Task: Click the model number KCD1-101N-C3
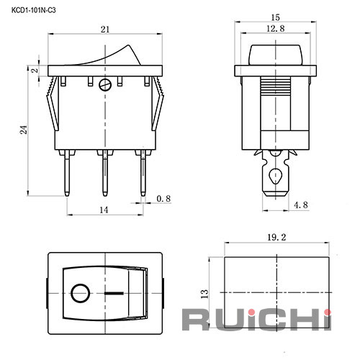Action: tap(34, 11)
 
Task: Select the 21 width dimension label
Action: tap(105, 30)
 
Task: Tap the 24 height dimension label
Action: tap(24, 130)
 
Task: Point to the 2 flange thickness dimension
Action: tap(35, 71)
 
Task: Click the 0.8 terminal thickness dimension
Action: tap(163, 199)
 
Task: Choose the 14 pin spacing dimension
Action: tap(104, 210)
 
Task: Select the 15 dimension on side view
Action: tap(275, 17)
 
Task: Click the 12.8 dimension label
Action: tap(276, 29)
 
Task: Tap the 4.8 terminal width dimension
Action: tap(300, 205)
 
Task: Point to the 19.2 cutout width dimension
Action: tap(276, 238)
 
